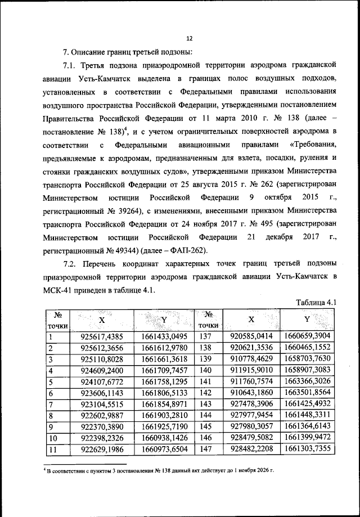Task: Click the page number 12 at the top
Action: pos(188,39)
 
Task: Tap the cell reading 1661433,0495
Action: pos(165,336)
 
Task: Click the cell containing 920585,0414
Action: pos(251,336)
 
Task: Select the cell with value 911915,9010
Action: pos(251,370)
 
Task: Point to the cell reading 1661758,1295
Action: pos(165,381)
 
